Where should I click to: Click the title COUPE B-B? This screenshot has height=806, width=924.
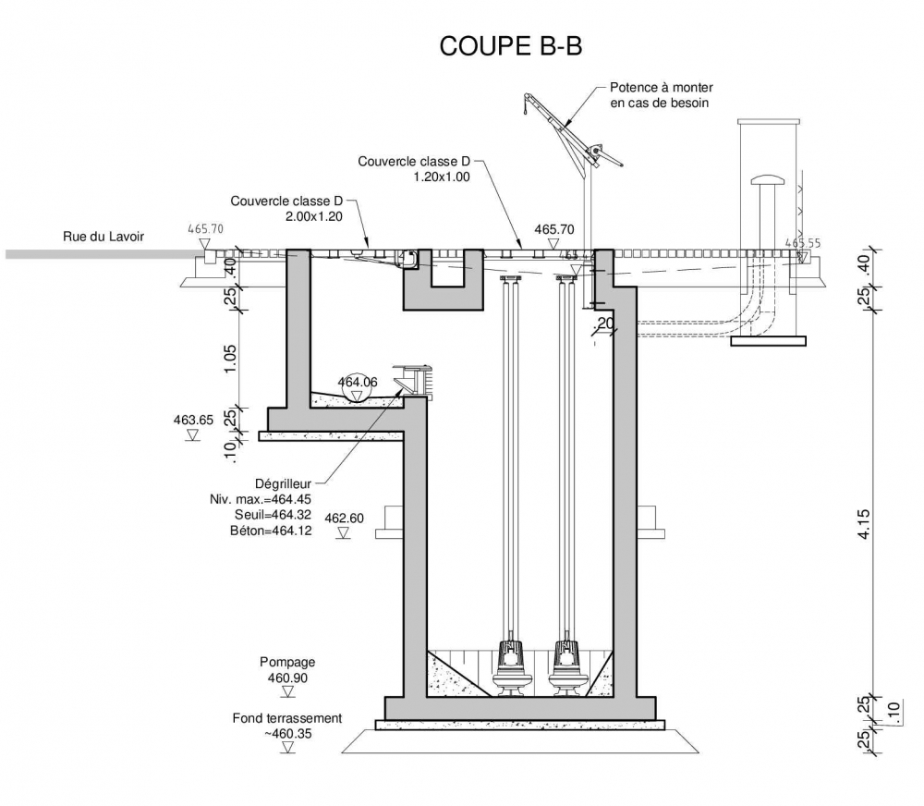click(510, 45)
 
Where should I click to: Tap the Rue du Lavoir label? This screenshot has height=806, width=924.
click(103, 236)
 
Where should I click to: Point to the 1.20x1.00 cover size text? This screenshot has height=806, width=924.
click(443, 177)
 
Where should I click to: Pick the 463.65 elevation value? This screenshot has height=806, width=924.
click(193, 420)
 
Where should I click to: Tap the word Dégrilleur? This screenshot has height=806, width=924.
click(283, 482)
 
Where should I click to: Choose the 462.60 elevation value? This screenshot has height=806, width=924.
click(345, 519)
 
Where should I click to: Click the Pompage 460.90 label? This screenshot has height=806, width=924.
click(287, 670)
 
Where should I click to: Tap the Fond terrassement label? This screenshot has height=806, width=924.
click(287, 718)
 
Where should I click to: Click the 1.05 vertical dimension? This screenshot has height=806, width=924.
click(231, 357)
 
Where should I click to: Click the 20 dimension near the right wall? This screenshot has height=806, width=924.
click(606, 323)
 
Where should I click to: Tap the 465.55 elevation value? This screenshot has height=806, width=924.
click(801, 243)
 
